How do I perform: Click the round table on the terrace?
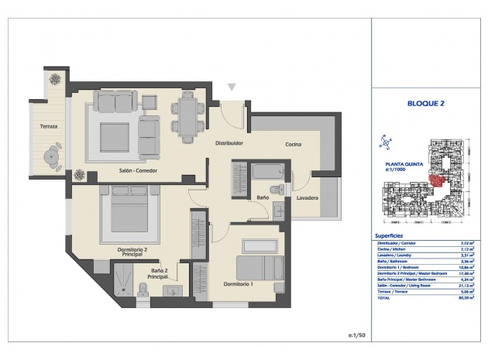click(52, 156)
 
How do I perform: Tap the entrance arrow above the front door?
click(231, 87)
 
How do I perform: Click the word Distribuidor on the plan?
click(229, 143)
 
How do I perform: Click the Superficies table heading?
click(387, 235)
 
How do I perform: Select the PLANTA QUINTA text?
click(403, 164)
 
